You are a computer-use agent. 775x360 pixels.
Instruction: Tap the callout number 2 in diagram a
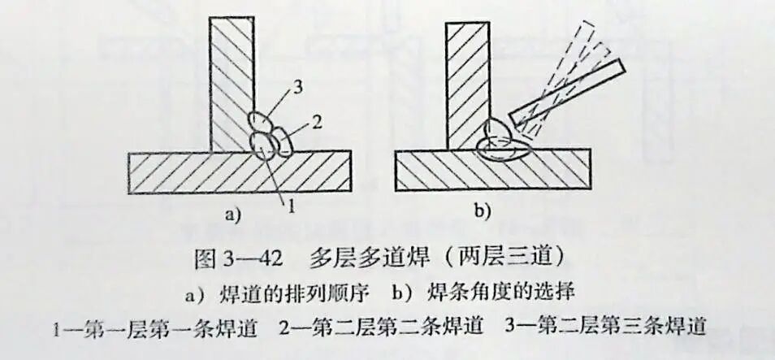click(316, 122)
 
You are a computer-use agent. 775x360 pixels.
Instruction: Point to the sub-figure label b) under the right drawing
click(483, 214)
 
